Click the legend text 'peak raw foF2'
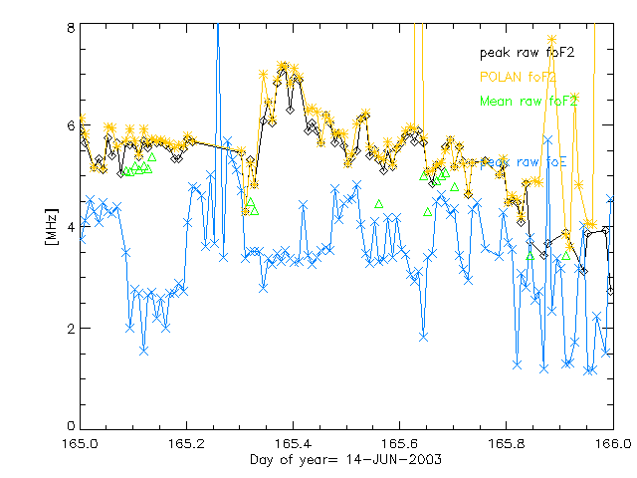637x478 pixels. click(x=529, y=51)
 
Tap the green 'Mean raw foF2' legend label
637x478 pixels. click(x=529, y=102)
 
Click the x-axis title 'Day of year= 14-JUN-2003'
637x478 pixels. click(x=346, y=459)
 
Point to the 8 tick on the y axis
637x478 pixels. click(x=71, y=27)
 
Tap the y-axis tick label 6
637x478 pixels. click(x=71, y=126)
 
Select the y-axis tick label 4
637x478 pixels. click(x=71, y=227)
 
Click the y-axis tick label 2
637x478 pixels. click(x=71, y=328)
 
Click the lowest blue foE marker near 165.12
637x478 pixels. click(x=144, y=351)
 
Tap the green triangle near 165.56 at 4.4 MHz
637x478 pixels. click(x=379, y=204)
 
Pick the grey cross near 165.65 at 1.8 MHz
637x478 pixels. click(x=424, y=337)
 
